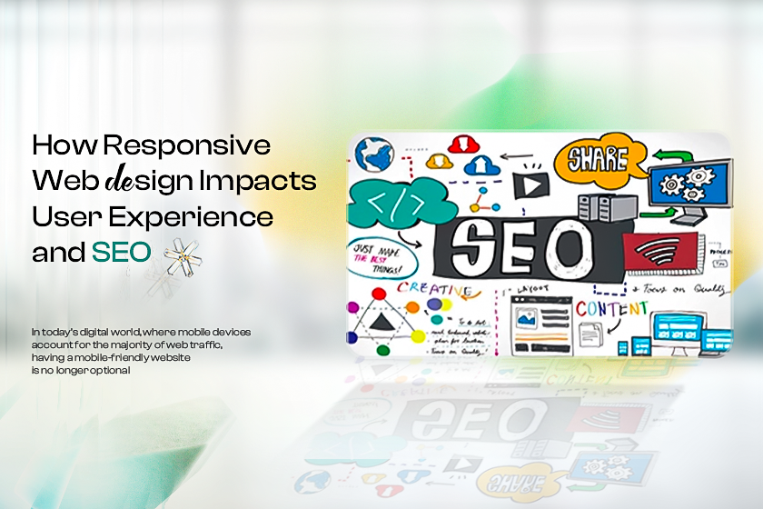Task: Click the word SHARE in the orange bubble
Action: point(598,160)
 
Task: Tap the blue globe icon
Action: point(373,155)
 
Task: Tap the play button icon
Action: point(529,185)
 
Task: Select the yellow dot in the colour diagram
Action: point(418,336)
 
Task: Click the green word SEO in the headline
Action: point(121,253)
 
